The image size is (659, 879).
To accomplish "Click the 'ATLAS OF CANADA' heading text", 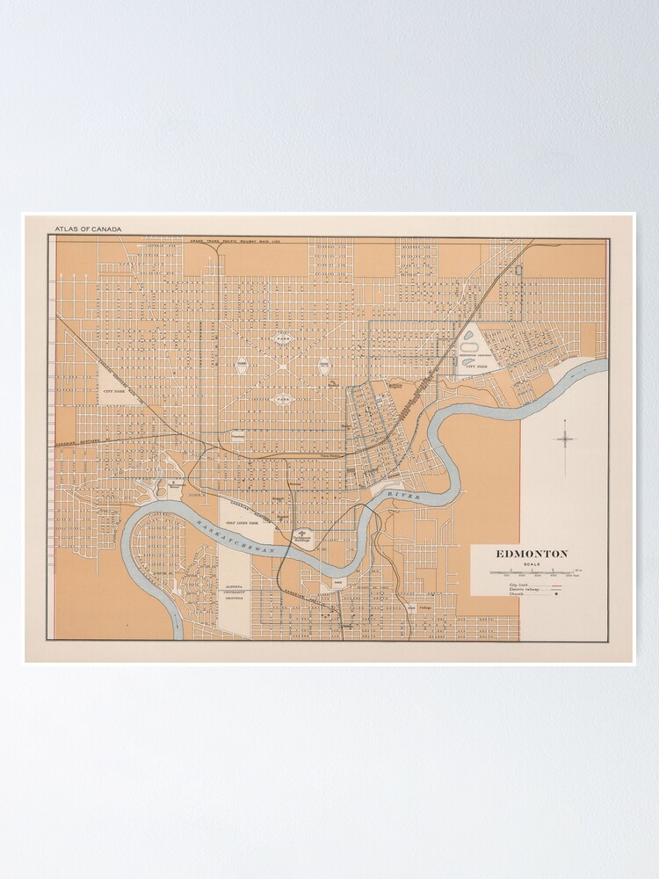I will click(x=88, y=229).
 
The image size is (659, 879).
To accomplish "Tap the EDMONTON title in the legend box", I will click(x=532, y=554).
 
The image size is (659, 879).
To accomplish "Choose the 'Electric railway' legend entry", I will click(x=522, y=589).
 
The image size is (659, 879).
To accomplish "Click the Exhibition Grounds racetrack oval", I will click(x=469, y=347).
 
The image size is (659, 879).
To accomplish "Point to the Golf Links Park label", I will click(x=241, y=522).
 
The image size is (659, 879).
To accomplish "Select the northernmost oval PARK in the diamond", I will click(x=282, y=338).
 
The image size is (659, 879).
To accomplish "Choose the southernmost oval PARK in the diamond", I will click(x=283, y=398).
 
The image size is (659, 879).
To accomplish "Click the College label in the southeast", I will click(x=425, y=607).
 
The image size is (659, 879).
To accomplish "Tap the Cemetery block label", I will click(x=237, y=434).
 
